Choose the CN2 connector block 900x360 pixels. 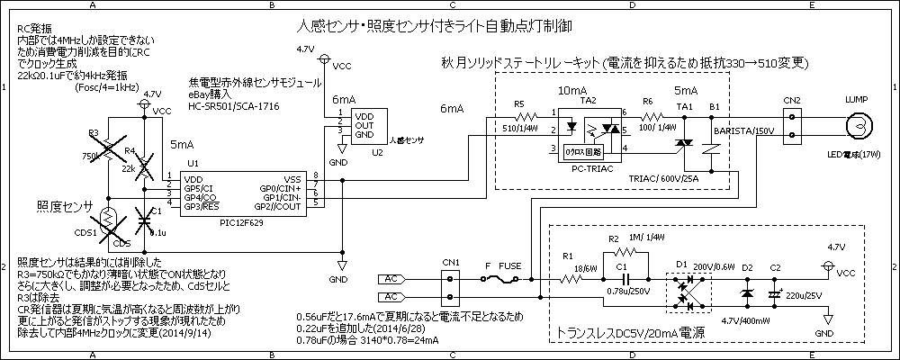pyautogui.click(x=792, y=127)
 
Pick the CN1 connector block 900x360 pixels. pyautogui.click(x=451, y=287)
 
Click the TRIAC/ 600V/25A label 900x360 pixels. pyautogui.click(x=667, y=177)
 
